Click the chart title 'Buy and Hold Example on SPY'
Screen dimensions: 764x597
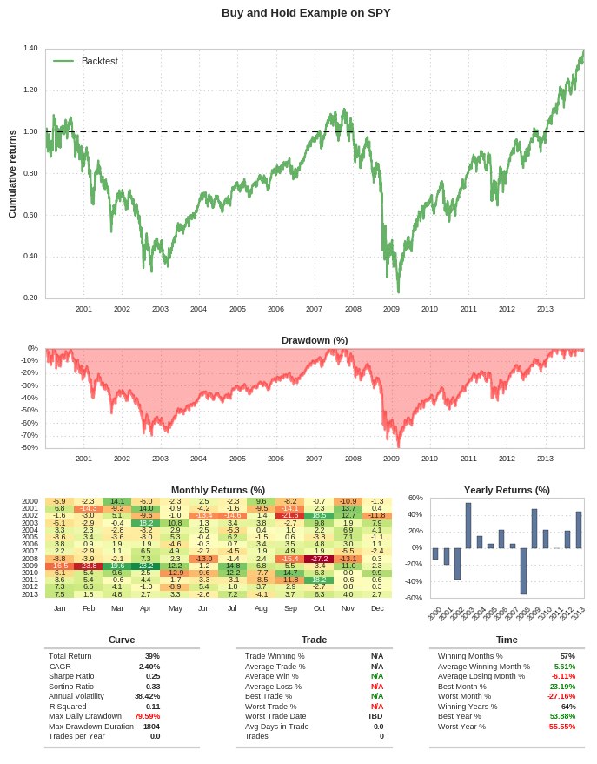[306, 12]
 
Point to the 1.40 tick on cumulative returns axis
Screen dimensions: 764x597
[30, 49]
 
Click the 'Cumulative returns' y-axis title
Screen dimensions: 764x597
[12, 174]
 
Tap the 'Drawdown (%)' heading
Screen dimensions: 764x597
[315, 340]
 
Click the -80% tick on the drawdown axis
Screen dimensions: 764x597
[29, 447]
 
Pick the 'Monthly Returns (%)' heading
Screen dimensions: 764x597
[218, 490]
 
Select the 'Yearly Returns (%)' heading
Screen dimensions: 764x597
[507, 490]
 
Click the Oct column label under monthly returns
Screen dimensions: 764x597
[319, 608]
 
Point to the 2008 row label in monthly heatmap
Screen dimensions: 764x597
[30, 559]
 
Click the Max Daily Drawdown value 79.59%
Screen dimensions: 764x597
[147, 716]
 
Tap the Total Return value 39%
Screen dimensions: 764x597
[152, 656]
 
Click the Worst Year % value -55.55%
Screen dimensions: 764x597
[561, 727]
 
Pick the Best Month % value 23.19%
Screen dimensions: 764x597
[562, 687]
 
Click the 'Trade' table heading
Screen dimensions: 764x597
[315, 640]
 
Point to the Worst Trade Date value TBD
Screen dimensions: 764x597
[375, 716]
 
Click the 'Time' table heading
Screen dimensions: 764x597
[507, 640]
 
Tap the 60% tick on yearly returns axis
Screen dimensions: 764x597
[415, 498]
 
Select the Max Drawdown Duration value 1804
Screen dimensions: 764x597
[151, 727]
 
